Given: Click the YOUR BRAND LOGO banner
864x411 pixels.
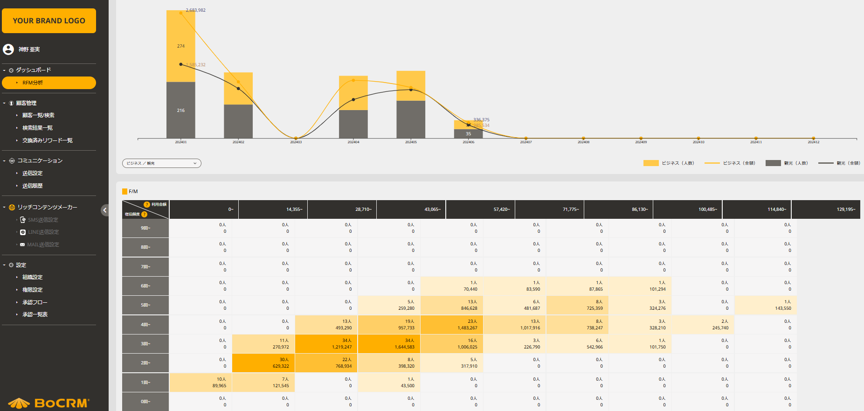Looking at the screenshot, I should pyautogui.click(x=49, y=21).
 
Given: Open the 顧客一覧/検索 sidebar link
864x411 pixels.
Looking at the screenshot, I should pyautogui.click(x=38, y=115).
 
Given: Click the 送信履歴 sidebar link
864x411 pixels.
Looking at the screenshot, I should pyautogui.click(x=32, y=186).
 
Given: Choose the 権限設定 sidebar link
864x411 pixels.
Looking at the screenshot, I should pyautogui.click(x=32, y=290).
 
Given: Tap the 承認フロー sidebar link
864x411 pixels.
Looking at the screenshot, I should pyautogui.click(x=35, y=302).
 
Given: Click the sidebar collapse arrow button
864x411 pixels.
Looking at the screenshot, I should pyautogui.click(x=105, y=210).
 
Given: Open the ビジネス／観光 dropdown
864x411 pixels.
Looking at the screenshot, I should pyautogui.click(x=161, y=163).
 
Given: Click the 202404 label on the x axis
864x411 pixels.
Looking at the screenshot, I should pyautogui.click(x=353, y=142).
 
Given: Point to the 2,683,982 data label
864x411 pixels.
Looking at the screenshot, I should pyautogui.click(x=195, y=10).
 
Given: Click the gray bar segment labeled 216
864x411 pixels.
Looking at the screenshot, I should pyautogui.click(x=181, y=111).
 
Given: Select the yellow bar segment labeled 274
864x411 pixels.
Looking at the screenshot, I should pyautogui.click(x=181, y=46).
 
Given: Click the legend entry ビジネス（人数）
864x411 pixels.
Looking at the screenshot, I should pyautogui.click(x=669, y=163).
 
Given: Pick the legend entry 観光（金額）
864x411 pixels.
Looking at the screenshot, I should pyautogui.click(x=839, y=163).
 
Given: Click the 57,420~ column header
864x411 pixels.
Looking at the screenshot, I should pyautogui.click(x=480, y=209).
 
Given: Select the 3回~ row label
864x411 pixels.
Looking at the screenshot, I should pyautogui.click(x=145, y=344).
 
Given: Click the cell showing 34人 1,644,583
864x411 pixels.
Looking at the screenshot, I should pyautogui.click(x=389, y=344).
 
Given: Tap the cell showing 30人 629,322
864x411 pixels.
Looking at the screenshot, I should pyautogui.click(x=263, y=363).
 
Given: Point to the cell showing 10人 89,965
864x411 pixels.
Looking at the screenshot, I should pyautogui.click(x=200, y=383).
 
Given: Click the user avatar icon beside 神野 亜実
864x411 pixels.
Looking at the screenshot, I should pyautogui.click(x=8, y=49).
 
